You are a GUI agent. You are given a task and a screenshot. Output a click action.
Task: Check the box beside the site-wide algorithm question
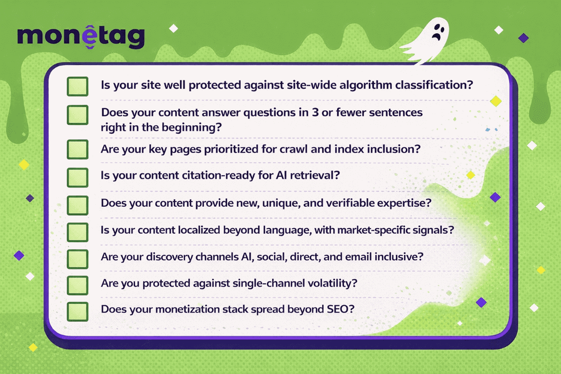pyautogui.click(x=77, y=86)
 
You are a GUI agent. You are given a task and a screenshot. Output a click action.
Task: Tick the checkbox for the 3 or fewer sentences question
pyautogui.click(x=77, y=115)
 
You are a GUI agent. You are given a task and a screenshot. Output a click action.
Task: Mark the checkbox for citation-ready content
pyautogui.click(x=77, y=177)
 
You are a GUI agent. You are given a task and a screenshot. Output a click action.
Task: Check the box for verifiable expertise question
pyautogui.click(x=77, y=204)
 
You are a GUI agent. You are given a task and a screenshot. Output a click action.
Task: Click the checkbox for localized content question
pyautogui.click(x=77, y=231)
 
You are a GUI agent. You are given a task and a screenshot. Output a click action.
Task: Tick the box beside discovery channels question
pyautogui.click(x=77, y=258)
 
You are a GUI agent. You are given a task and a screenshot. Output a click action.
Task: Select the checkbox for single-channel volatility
pyautogui.click(x=77, y=284)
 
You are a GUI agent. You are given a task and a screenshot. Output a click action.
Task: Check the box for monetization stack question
pyautogui.click(x=77, y=310)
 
